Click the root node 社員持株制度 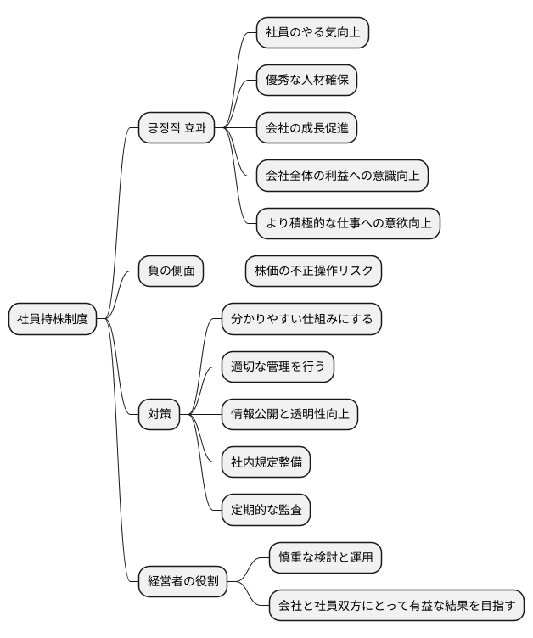pyautogui.click(x=53, y=319)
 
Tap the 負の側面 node pyautogui.click(x=171, y=271)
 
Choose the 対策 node pyautogui.click(x=159, y=414)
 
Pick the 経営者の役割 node pyautogui.click(x=182, y=581)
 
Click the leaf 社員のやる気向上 pyautogui.click(x=312, y=32)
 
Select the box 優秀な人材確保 pyautogui.click(x=306, y=81)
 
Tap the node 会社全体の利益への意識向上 pyautogui.click(x=342, y=176)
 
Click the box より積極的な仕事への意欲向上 pyautogui.click(x=348, y=223)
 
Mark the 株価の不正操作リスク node pyautogui.click(x=313, y=271)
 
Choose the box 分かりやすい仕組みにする pyautogui.click(x=301, y=319)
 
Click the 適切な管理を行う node pyautogui.click(x=278, y=367)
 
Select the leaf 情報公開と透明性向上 pyautogui.click(x=289, y=414)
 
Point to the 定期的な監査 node pyautogui.click(x=265, y=510)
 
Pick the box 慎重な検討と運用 pyautogui.click(x=325, y=557)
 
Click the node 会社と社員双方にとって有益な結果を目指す pyautogui.click(x=396, y=606)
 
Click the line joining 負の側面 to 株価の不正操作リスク pyautogui.click(x=224, y=271)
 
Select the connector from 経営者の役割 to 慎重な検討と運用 pyautogui.click(x=250, y=567)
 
